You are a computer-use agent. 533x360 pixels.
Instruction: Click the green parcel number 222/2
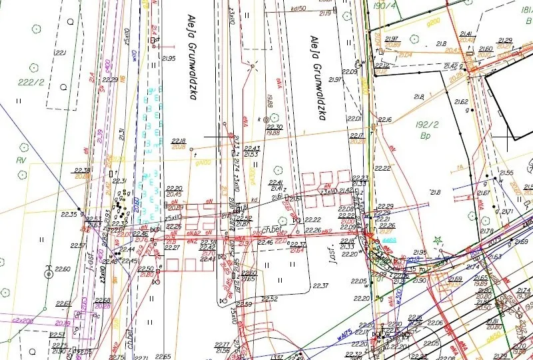(x=31, y=82)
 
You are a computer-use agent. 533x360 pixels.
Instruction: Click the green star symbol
(x=438, y=240)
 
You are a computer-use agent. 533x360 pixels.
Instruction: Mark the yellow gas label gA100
(x=203, y=162)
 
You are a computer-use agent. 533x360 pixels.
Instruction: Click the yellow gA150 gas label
(x=494, y=338)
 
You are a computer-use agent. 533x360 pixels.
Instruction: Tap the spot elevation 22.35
(x=68, y=214)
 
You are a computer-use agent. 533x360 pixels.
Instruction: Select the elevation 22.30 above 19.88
(x=274, y=127)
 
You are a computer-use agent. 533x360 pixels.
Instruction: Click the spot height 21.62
(x=460, y=102)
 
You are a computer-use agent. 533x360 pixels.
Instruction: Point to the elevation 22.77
(x=222, y=344)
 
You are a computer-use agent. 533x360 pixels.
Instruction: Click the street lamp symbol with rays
(x=253, y=66)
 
